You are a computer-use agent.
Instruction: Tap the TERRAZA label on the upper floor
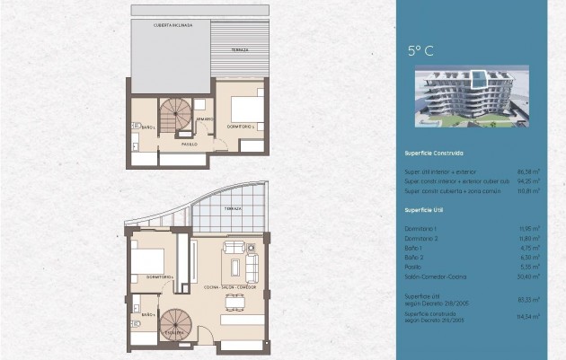point(238,49)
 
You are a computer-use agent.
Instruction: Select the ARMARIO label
point(206,119)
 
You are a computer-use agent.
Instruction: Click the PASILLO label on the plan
point(189,144)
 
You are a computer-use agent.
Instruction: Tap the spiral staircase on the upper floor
point(176,115)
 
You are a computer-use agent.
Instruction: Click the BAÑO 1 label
point(147,128)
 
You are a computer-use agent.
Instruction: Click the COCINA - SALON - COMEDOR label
point(231,288)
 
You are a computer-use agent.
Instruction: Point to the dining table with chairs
point(239,316)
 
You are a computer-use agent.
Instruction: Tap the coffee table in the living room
point(238,267)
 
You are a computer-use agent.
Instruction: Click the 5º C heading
point(420,51)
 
